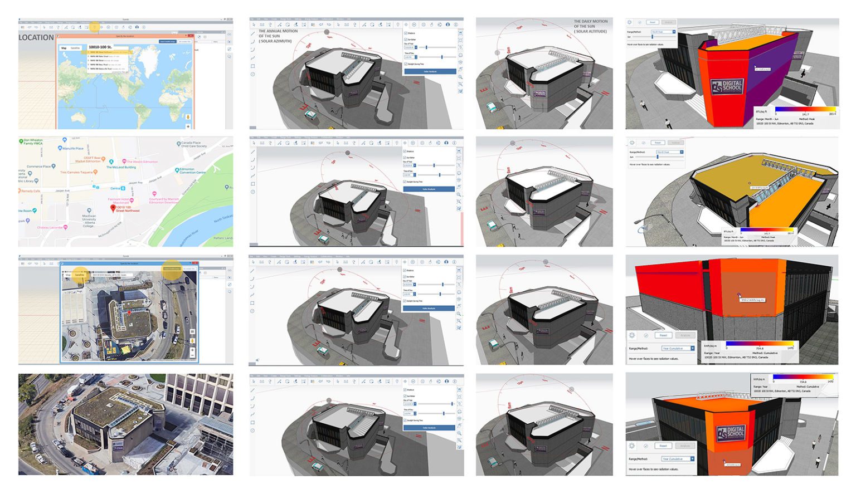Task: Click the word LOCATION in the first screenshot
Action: (36, 38)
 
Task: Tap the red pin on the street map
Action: (113, 208)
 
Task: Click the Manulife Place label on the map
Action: (72, 149)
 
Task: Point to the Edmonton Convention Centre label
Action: (192, 171)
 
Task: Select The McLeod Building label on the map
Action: (121, 167)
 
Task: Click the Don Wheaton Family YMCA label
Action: (32, 142)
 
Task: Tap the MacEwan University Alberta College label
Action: (89, 220)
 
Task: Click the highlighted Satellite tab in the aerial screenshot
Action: (80, 275)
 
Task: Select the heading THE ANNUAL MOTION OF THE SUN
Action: (278, 36)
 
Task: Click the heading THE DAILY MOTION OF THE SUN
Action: (591, 26)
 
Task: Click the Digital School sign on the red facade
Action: (727, 86)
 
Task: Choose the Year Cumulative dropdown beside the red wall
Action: (677, 349)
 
